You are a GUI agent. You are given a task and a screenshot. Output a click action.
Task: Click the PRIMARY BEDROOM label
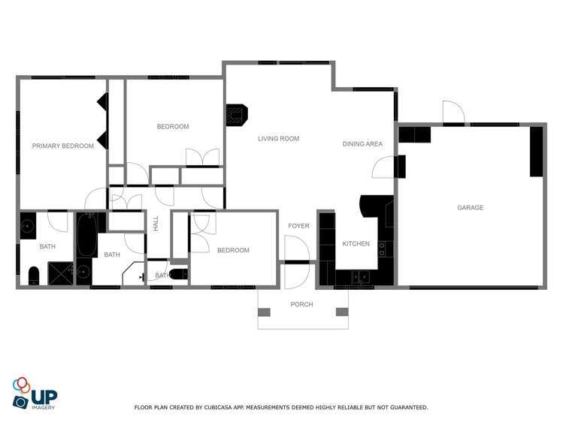click(x=63, y=146)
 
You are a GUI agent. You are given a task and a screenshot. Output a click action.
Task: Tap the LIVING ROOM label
click(x=278, y=138)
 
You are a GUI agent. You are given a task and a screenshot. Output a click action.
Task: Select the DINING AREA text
click(x=362, y=143)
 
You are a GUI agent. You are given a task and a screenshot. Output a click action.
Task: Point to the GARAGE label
click(x=471, y=207)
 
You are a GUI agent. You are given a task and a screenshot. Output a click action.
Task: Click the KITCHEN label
click(x=356, y=243)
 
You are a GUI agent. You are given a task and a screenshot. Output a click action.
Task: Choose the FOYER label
click(x=298, y=225)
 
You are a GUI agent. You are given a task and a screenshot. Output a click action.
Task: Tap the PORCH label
click(x=302, y=304)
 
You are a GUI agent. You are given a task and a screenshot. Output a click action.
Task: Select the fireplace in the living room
click(x=236, y=115)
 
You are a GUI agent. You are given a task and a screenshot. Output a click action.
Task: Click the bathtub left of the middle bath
click(x=86, y=236)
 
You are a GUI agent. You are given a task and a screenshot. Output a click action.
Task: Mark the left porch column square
click(x=263, y=312)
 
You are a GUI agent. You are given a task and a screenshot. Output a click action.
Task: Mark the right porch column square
click(x=342, y=312)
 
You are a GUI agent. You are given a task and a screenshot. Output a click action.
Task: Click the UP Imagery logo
click(x=35, y=393)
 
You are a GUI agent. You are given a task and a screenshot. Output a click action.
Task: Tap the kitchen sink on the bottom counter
click(x=360, y=277)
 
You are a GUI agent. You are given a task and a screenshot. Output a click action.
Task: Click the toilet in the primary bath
click(x=33, y=275)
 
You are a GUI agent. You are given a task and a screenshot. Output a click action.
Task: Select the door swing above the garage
click(x=453, y=113)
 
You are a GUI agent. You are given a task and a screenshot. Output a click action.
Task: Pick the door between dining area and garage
click(x=384, y=167)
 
